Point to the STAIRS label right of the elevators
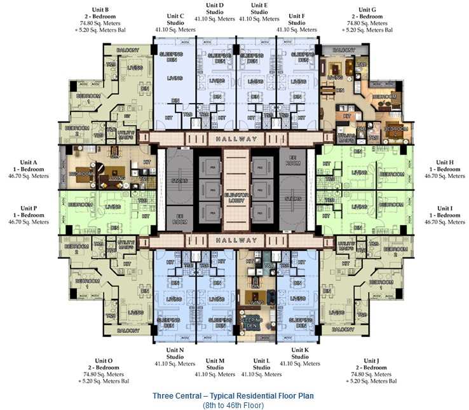point(293,198)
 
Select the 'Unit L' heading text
point(262,360)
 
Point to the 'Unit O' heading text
point(103,360)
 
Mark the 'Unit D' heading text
point(215,5)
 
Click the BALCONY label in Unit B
point(128,50)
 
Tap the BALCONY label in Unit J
point(343,330)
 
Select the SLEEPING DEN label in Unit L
point(252,322)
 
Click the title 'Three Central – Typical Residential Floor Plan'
point(233,395)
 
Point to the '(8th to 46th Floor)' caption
point(233,405)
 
